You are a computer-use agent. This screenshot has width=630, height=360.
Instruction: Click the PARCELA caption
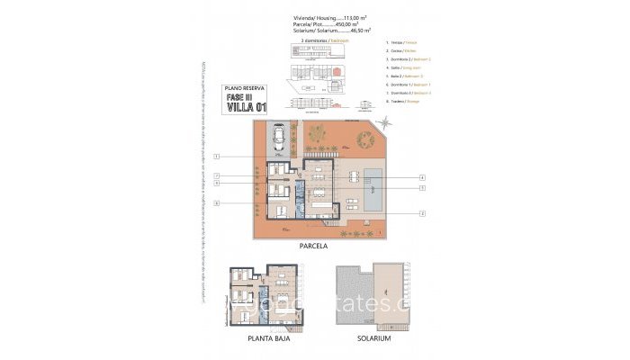pyautogui.click(x=315, y=245)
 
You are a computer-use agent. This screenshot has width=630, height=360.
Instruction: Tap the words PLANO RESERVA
pyautogui.click(x=244, y=88)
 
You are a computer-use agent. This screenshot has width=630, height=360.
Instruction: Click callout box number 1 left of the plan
pyautogui.click(x=218, y=157)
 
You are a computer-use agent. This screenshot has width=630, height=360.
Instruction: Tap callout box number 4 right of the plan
pyautogui.click(x=421, y=177)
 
